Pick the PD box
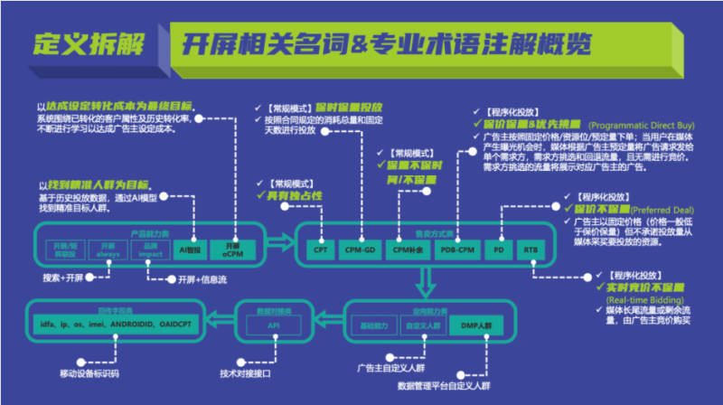498,249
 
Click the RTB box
530,249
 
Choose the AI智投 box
190,248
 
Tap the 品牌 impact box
150,248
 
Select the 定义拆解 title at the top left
84,43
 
